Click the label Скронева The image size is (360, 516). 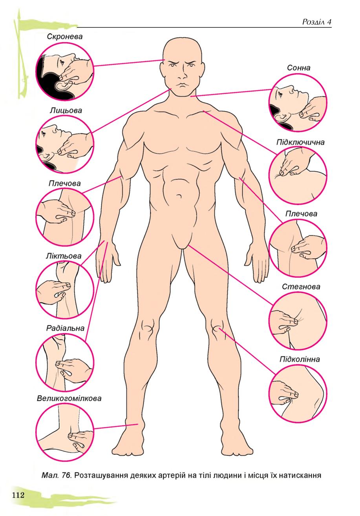point(64,36)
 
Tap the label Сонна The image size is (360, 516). point(298,68)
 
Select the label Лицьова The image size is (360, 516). point(66,111)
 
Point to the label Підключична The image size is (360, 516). point(300,142)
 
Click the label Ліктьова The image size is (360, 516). point(64,256)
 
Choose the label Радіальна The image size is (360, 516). point(65,328)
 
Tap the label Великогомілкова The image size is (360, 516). point(69,398)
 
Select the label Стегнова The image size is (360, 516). point(301,287)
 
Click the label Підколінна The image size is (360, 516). point(300,359)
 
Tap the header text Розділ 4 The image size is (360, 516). point(317,22)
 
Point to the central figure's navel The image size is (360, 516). point(179,196)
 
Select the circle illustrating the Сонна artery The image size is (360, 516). point(298,103)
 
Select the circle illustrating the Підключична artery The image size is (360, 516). point(298,175)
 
